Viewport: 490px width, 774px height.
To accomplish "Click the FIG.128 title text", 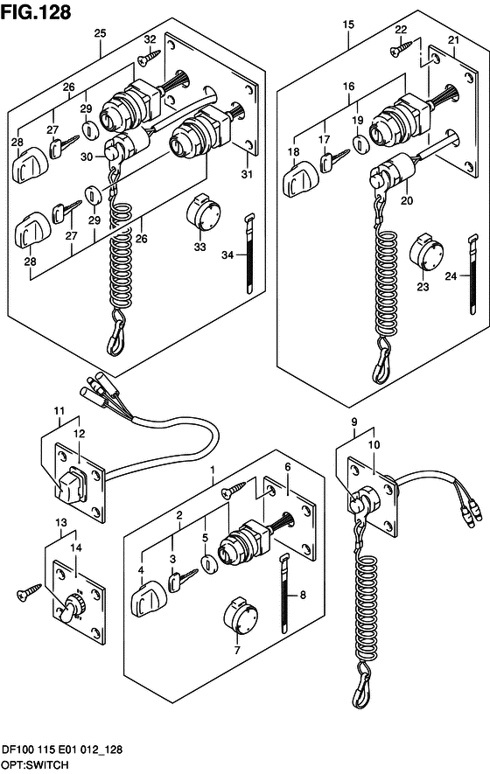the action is [36, 12].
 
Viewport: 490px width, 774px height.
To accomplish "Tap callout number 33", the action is [199, 246].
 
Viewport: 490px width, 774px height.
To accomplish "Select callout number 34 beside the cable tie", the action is [227, 255].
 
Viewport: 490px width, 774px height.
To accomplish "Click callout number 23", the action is [423, 286].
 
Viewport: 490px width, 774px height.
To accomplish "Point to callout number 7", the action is [237, 651].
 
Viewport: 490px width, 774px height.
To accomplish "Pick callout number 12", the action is [79, 434].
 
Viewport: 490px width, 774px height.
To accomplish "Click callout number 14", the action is [75, 547].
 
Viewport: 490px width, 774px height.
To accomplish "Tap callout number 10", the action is [374, 444].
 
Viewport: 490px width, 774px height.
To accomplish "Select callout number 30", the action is [87, 157].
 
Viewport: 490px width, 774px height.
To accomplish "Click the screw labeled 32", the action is [149, 57].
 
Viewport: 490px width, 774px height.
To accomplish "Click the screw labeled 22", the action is [401, 47].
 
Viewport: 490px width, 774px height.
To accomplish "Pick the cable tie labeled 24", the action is [472, 274].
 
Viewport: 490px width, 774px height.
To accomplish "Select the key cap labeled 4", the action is [147, 599].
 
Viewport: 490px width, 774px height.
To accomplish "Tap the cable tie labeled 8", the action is [285, 593].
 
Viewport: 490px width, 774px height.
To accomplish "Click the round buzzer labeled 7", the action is [241, 617].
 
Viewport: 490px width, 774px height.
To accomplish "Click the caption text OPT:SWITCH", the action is [35, 765].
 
